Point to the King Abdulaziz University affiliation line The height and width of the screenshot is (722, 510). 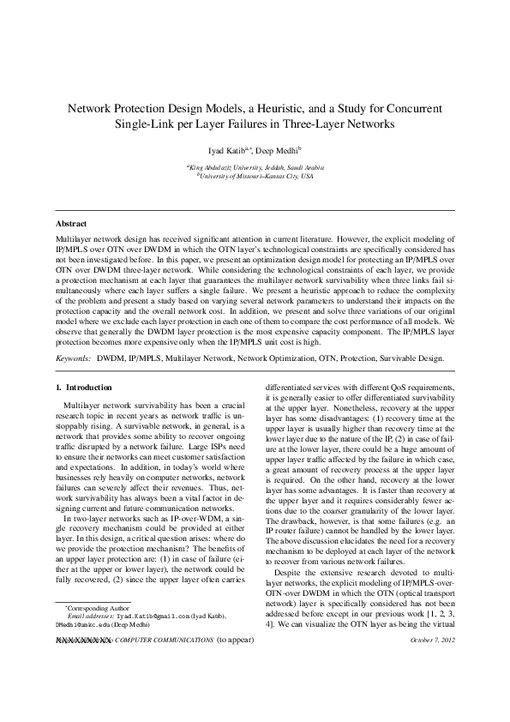[255, 166]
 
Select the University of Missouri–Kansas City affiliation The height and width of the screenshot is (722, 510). [255, 175]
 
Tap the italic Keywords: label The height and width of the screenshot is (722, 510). [74, 354]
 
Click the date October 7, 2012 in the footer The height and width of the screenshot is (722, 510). [435, 641]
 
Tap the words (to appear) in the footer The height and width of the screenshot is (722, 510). [235, 641]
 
